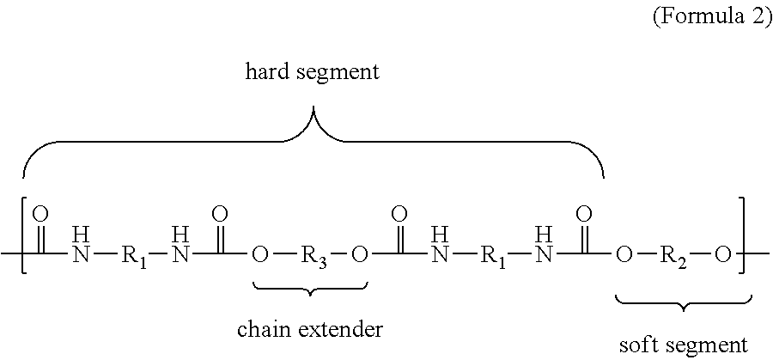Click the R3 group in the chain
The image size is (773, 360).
[311, 256]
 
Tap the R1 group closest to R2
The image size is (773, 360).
[492, 256]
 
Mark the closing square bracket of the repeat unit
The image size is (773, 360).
[743, 235]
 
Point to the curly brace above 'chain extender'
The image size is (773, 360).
[311, 290]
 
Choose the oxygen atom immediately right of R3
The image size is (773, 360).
[361, 255]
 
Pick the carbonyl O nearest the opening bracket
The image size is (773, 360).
[43, 215]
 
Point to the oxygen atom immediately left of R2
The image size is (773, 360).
[622, 255]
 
